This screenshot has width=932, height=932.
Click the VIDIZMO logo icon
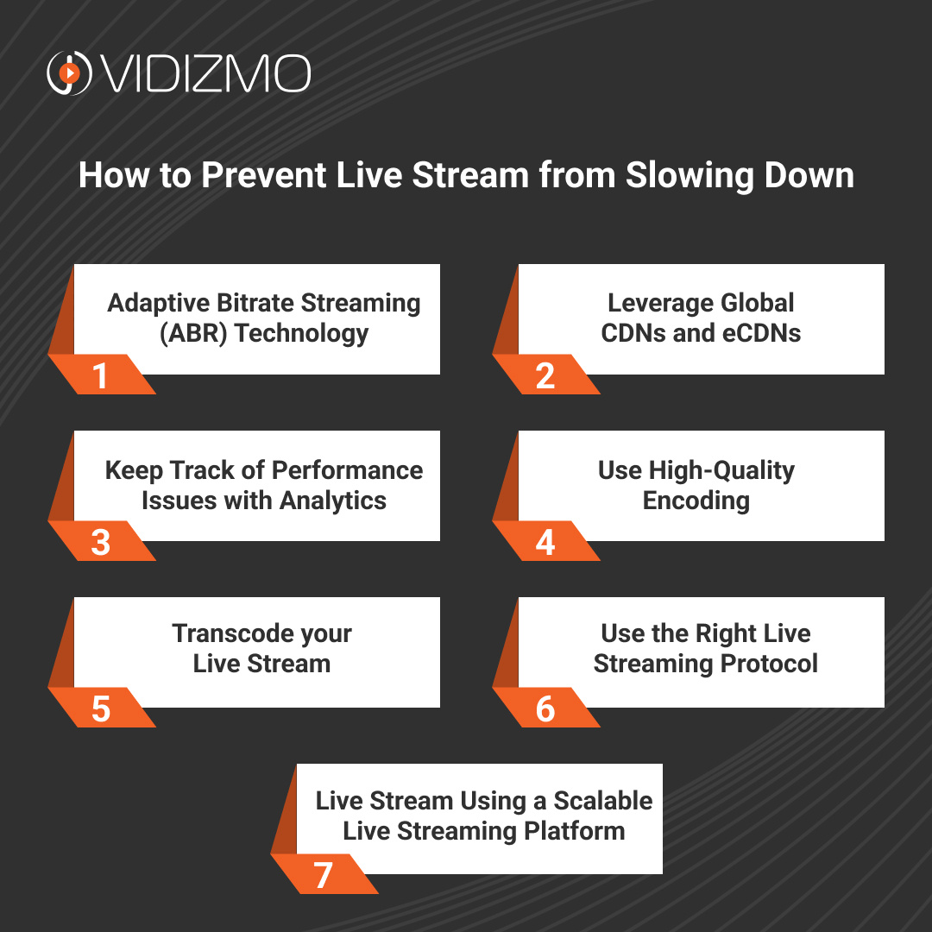pos(68,73)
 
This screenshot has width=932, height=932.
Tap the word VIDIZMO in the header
pos(205,74)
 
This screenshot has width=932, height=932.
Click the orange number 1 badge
pos(101,376)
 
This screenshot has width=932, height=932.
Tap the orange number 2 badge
pos(545,376)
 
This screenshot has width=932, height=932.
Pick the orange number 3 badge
pos(101,543)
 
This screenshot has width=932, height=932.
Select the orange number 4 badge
pos(545,543)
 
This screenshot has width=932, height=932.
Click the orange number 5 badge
pos(101,709)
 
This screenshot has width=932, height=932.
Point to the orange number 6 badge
pos(545,709)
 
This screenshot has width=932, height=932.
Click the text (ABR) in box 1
pos(194,333)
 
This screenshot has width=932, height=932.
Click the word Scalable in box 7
pos(602,801)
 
